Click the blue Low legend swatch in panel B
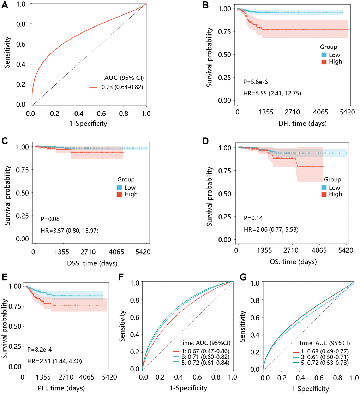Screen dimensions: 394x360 [324, 54]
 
